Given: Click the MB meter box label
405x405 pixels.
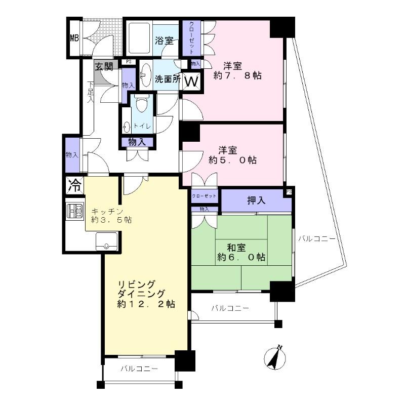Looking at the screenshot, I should [x=74, y=38].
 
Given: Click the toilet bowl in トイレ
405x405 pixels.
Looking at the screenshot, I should [x=142, y=105].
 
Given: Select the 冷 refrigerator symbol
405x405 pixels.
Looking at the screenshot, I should [x=74, y=185].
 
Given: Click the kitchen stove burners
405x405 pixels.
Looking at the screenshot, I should [x=74, y=210].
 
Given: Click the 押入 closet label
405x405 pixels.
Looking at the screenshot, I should [x=256, y=200].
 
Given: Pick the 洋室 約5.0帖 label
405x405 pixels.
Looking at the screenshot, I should [x=233, y=155].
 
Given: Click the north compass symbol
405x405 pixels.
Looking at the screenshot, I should [x=275, y=358].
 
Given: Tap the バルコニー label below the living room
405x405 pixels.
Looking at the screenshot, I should [x=139, y=369].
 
